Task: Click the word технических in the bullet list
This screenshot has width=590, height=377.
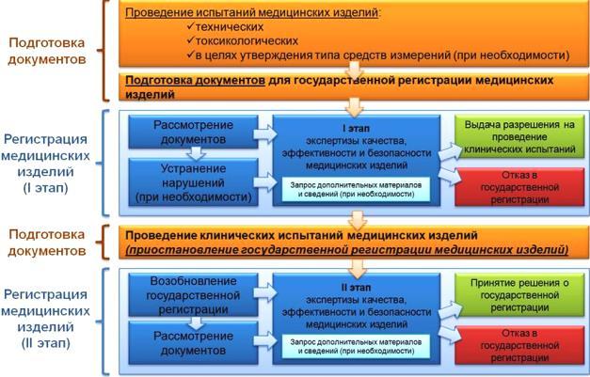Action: click(230, 27)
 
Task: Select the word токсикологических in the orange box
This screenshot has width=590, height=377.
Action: click(247, 40)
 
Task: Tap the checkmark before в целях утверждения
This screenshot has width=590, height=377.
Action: click(190, 55)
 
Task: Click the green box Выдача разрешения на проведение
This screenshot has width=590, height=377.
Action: click(519, 137)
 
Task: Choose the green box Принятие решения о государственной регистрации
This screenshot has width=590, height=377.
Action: click(519, 295)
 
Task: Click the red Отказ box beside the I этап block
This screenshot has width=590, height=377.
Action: click(519, 187)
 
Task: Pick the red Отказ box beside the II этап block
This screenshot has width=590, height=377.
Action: click(519, 345)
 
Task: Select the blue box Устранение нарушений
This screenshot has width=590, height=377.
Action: click(194, 182)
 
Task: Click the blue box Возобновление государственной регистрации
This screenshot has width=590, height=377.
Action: click(194, 295)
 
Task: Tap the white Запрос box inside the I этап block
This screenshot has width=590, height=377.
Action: click(356, 189)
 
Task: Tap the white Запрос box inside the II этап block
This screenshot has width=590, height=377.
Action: click(356, 347)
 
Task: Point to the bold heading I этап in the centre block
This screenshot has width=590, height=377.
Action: click(356, 128)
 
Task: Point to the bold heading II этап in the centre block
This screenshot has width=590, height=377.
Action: click(356, 287)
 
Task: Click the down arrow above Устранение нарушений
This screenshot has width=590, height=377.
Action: click(196, 153)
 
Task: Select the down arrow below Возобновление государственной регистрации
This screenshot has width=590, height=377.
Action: click(196, 322)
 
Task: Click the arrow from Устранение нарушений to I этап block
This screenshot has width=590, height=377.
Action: click(265, 182)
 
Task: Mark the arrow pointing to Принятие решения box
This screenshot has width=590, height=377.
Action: click(450, 309)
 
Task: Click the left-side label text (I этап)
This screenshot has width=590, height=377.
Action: click(45, 188)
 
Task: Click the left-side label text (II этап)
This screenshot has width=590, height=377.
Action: click(45, 343)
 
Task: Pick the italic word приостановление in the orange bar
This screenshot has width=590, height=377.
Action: click(183, 249)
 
